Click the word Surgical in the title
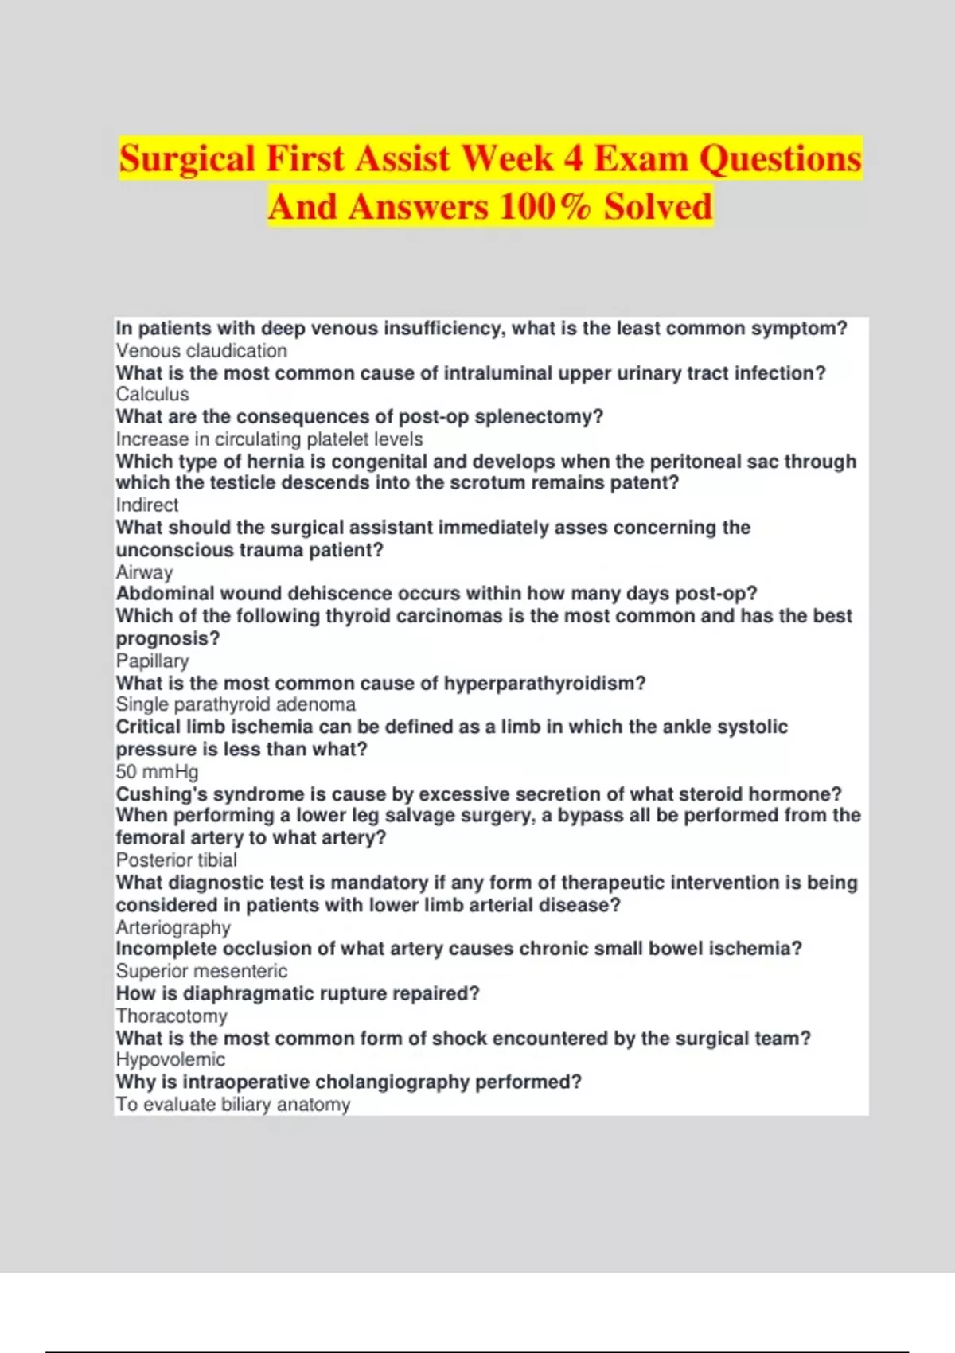pos(188,158)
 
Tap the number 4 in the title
pos(573,158)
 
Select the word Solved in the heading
pos(657,206)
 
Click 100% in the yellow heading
pos(545,206)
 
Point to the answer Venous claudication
pos(201,351)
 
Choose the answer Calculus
pos(153,395)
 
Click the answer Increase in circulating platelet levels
pos(269,439)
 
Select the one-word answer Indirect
pos(147,505)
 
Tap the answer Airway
pos(144,572)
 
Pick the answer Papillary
pos(153,661)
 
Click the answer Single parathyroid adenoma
pos(236,704)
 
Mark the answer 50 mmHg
pos(158,772)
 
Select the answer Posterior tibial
pos(177,860)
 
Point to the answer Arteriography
pos(173,928)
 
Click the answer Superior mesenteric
pos(201,971)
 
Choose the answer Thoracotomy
pos(172,1016)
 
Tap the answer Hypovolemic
pos(170,1060)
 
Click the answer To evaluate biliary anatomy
pos(233,1105)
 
